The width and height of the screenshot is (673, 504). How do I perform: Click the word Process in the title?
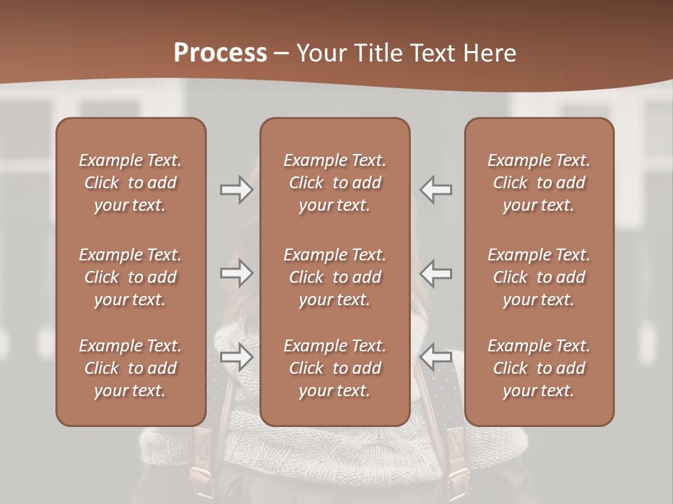click(220, 52)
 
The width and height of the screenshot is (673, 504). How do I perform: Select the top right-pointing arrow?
click(237, 190)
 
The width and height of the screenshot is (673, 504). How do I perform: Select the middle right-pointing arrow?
click(237, 273)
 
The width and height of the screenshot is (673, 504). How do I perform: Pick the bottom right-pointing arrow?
click(237, 358)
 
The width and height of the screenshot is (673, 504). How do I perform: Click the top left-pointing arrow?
click(436, 190)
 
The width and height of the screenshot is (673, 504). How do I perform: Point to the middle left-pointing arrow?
click(436, 273)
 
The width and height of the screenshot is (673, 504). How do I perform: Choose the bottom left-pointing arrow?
click(436, 358)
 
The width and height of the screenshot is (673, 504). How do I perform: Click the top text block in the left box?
click(130, 183)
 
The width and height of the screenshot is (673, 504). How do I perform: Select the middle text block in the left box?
click(130, 277)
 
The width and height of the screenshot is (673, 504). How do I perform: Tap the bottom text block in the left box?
click(130, 368)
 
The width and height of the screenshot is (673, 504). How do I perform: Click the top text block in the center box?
click(335, 183)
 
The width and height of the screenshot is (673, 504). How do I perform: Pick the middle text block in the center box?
click(335, 277)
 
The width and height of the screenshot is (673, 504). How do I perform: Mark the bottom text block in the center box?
click(335, 368)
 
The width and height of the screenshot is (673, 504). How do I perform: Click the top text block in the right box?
click(539, 183)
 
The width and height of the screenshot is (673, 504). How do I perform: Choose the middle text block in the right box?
click(539, 277)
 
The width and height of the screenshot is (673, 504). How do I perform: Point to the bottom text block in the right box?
click(539, 368)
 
